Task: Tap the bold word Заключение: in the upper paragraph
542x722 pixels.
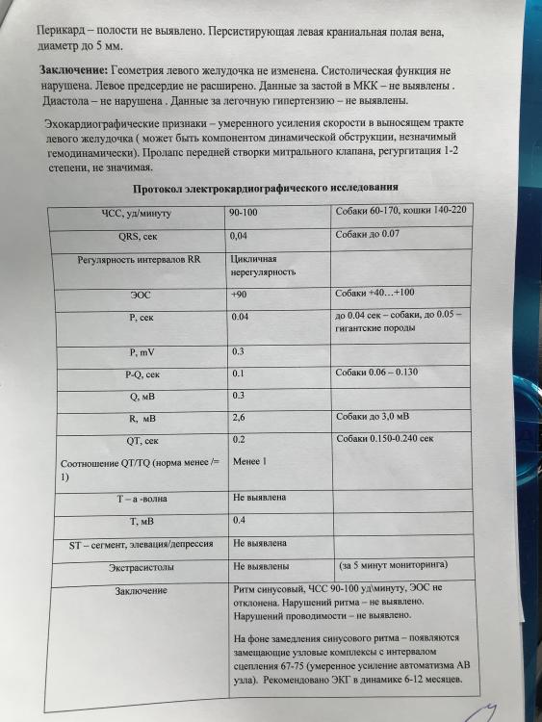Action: [75, 72]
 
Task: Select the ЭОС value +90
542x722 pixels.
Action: [241, 295]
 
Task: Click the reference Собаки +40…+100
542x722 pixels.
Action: [375, 293]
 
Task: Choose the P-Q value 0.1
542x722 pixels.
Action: [239, 374]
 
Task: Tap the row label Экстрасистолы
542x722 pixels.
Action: [140, 568]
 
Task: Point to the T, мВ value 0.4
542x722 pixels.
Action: [240, 521]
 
